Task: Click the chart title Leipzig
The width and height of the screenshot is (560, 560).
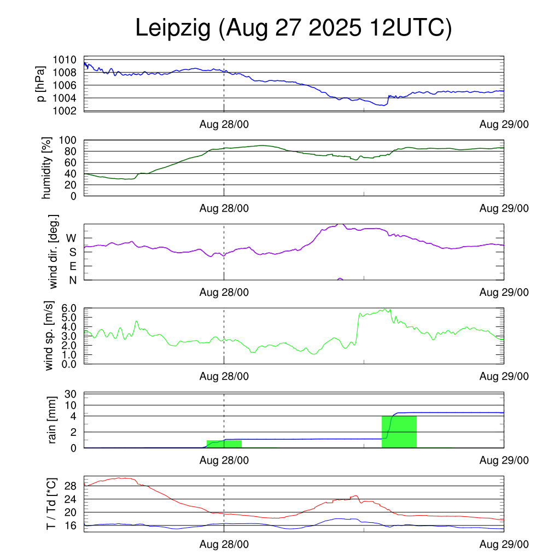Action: [173, 29]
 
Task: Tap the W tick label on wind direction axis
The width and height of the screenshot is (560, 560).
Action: [71, 238]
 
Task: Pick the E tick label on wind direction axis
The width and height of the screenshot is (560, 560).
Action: [72, 266]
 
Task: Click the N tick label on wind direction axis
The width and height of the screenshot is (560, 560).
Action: [72, 281]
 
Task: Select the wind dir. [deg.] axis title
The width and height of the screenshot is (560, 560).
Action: [53, 252]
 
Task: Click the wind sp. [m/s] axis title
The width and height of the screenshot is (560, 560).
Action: [49, 336]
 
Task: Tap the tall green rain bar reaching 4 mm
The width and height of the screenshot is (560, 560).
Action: [399, 431]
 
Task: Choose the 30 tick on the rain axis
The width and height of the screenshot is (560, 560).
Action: [71, 394]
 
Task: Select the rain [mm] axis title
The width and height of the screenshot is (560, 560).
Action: [53, 420]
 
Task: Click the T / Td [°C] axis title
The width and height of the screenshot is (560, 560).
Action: [51, 503]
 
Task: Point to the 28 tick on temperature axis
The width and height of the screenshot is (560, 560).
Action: [71, 486]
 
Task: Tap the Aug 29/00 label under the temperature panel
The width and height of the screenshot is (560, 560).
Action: [504, 544]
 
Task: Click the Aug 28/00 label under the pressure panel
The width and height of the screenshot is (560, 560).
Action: [224, 125]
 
